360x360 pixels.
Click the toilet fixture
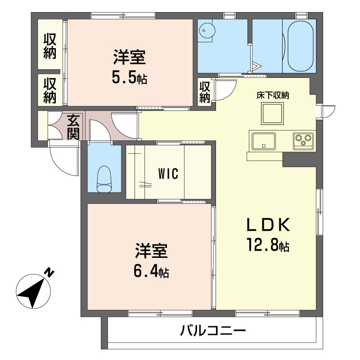tap(104, 179)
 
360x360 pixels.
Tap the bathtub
tap(301, 46)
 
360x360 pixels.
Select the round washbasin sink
tap(207, 30)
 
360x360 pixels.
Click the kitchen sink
tap(264, 141)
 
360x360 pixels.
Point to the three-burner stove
tap(303, 141)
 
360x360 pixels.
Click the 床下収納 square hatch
tap(272, 113)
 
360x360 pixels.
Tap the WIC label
tap(168, 174)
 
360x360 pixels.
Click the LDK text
tap(268, 225)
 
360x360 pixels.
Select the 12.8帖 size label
tap(268, 245)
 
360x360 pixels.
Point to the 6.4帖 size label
tap(151, 272)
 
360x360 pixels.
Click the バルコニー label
tap(213, 331)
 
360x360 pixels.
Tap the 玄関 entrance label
tap(73, 127)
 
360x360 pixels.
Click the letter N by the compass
tap(49, 272)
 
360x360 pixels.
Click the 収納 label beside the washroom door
tap(205, 92)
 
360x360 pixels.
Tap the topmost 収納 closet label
tap(50, 46)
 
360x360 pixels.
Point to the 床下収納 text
tap(273, 95)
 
